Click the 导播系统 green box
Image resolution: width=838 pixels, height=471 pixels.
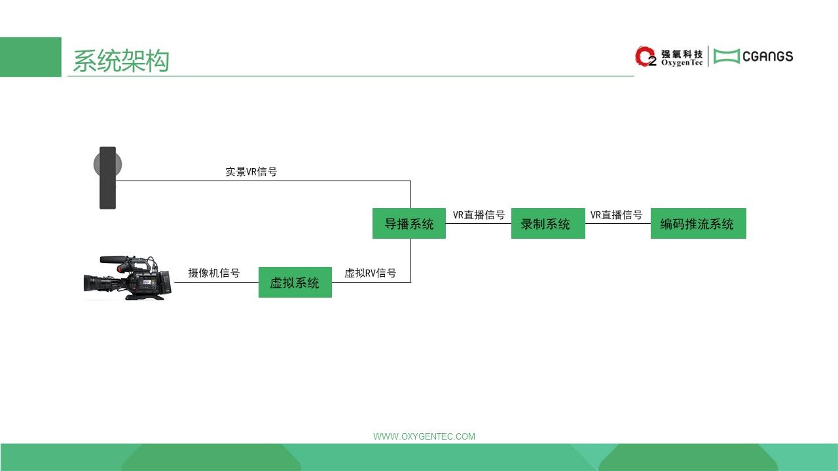[409, 223]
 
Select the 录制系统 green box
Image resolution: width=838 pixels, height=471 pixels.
[548, 223]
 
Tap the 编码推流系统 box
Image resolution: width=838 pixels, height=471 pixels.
[699, 223]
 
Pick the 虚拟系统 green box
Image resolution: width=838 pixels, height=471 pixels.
[295, 282]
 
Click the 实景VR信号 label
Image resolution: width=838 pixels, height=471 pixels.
[251, 171]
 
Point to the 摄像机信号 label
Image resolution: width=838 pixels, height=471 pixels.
[214, 273]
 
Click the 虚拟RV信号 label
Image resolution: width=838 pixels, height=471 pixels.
[371, 273]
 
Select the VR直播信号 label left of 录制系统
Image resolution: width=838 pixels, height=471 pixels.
[479, 215]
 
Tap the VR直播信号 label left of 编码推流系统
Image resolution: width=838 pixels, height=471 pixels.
[617, 215]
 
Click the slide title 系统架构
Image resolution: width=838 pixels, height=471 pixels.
[121, 61]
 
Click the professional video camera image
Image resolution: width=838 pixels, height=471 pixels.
[128, 278]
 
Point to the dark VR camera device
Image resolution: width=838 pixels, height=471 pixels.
[108, 178]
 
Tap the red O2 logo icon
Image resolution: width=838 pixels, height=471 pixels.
[646, 56]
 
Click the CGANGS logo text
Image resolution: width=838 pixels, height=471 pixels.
[768, 56]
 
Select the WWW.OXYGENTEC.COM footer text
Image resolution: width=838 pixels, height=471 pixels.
[424, 436]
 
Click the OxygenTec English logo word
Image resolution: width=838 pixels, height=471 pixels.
[682, 63]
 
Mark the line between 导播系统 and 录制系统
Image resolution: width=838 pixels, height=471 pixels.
[479, 223]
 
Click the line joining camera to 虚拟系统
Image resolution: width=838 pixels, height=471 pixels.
[216, 282]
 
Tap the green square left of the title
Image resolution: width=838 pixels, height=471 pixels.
[31, 57]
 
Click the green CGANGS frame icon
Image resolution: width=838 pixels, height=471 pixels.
[727, 56]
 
